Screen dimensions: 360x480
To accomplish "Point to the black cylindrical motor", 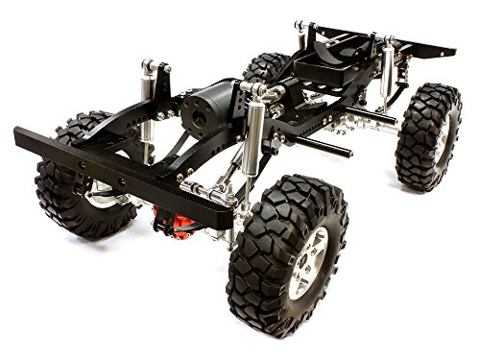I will coord(206,105).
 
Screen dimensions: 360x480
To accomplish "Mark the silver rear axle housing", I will coord(360,120).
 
